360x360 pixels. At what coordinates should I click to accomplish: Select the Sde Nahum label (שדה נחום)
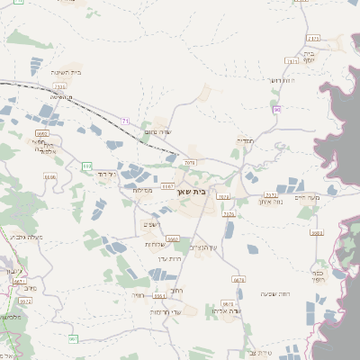(x=157, y=132)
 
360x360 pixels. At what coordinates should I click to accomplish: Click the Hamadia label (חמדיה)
(x=246, y=140)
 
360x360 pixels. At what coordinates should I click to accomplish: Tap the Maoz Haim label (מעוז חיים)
(x=306, y=196)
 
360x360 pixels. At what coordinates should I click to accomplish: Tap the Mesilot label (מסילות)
(x=142, y=190)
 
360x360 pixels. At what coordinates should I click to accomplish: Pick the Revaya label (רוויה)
(x=137, y=294)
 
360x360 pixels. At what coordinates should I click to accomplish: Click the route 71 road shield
(x=126, y=121)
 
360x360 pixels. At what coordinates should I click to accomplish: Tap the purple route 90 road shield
(x=276, y=109)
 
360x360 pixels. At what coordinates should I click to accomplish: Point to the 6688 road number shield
(x=49, y=177)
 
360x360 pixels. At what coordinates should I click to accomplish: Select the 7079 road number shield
(x=189, y=163)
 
